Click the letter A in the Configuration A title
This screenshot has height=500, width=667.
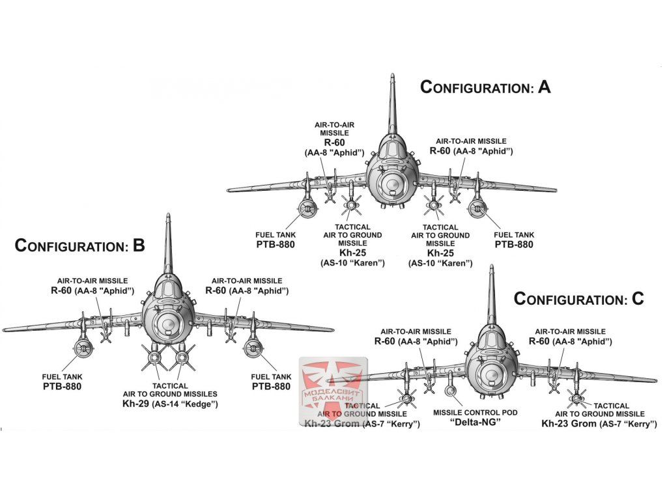[543, 87]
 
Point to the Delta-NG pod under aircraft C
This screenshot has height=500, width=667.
[451, 392]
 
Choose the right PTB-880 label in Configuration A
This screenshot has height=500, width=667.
[513, 245]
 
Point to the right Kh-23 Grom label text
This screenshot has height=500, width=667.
[569, 424]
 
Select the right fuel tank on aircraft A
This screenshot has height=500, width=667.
[478, 209]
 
